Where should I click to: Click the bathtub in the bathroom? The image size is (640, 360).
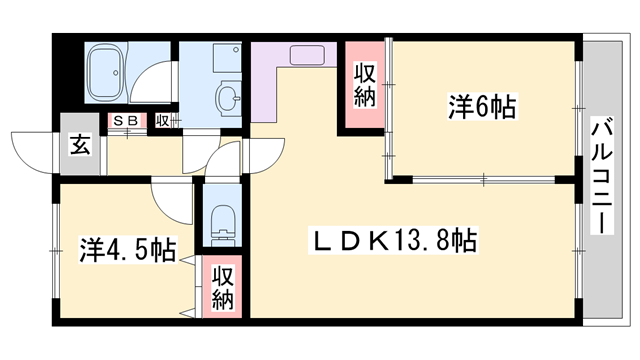point(104,70)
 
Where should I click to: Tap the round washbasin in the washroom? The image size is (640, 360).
point(228,98)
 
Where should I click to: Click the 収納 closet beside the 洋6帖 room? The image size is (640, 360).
point(365,84)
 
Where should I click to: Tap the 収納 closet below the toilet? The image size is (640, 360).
point(223,288)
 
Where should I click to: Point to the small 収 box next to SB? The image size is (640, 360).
point(162,120)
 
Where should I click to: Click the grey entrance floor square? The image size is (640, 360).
point(80,150)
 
